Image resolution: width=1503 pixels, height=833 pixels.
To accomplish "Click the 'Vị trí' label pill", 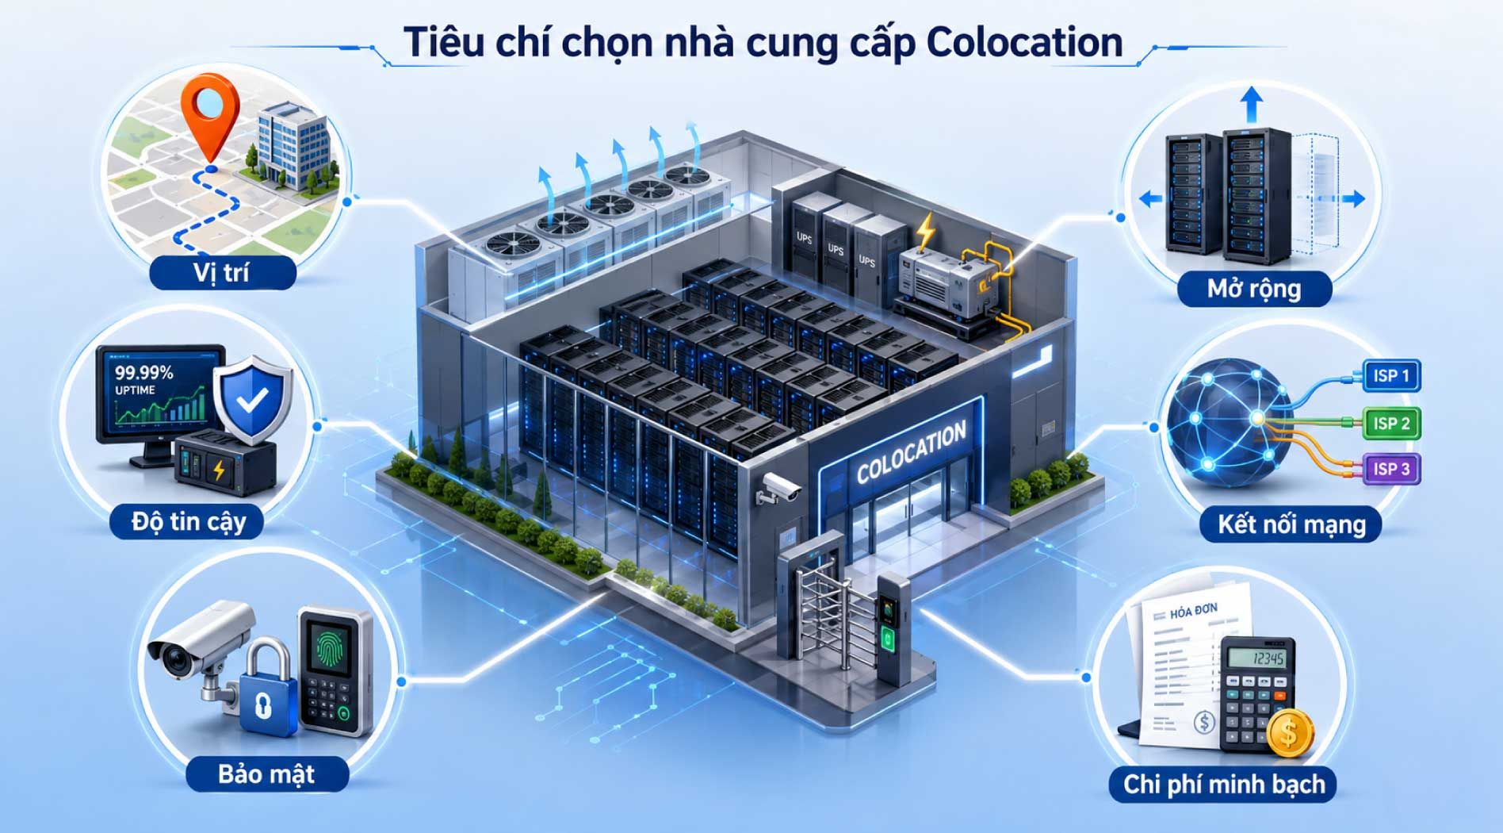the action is (x=222, y=273).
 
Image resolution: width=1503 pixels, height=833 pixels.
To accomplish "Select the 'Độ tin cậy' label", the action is (x=189, y=522).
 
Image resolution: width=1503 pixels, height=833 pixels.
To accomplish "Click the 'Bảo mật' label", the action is (x=267, y=773).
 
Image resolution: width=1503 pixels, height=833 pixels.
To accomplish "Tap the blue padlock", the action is (x=266, y=690).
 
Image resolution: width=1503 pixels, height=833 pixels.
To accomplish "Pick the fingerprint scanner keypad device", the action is (x=335, y=670).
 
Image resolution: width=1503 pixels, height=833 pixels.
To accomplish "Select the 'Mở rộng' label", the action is (x=1254, y=288).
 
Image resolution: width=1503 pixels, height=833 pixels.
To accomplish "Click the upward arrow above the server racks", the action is (x=1252, y=105).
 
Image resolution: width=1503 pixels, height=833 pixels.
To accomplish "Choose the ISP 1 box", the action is (x=1391, y=375).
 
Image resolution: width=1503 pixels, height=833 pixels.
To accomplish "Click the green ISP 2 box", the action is (x=1391, y=423).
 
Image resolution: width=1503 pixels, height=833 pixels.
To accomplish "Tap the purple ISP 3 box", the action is (x=1391, y=469).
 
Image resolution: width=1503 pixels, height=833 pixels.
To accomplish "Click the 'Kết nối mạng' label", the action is (x=1291, y=524).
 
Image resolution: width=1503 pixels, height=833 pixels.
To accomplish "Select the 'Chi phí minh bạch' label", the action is (x=1224, y=784).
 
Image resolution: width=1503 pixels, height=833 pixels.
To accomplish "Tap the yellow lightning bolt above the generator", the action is (x=924, y=231).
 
